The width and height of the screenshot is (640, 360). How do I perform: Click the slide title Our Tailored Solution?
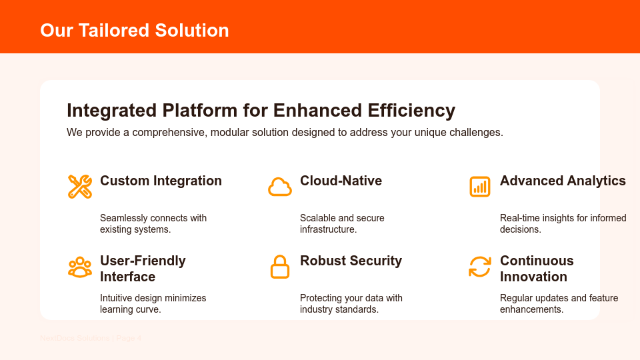point(134,31)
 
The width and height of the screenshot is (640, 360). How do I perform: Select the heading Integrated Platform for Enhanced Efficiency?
point(261,110)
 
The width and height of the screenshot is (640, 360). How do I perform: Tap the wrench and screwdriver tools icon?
point(80,186)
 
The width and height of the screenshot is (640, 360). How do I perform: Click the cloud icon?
point(280,187)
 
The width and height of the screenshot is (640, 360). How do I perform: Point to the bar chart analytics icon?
point(480,187)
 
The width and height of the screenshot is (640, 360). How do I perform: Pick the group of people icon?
point(80,267)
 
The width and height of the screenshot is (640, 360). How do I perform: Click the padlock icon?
point(280,267)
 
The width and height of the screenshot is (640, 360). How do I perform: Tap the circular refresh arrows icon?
point(480,267)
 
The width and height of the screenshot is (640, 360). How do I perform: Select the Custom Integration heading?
point(161,181)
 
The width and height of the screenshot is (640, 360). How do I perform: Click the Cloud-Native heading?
point(341,181)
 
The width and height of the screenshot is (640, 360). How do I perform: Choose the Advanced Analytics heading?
point(563,181)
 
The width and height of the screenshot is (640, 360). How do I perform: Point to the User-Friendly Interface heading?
point(143,269)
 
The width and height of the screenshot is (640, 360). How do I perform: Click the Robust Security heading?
point(351,261)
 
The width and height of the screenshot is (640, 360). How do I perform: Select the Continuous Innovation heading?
point(537,269)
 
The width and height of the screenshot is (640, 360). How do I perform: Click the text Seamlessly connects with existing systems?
point(153,224)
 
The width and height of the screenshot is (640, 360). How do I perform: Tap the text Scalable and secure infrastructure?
point(342,224)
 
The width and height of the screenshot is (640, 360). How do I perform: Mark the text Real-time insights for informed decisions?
point(563,224)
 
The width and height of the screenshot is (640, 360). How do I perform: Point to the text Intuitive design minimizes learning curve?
point(153,304)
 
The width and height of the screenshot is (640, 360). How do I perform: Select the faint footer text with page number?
point(91,338)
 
